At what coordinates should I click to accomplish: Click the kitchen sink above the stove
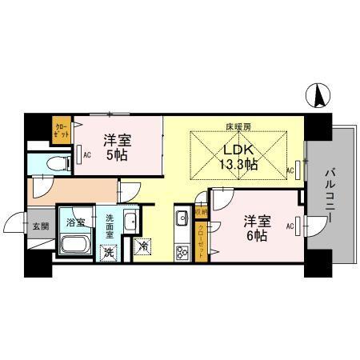click(181, 216)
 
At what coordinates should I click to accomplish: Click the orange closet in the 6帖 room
click(202, 239)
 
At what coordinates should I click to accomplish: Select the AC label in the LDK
click(290, 170)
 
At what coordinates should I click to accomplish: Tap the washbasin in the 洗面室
click(132, 222)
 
